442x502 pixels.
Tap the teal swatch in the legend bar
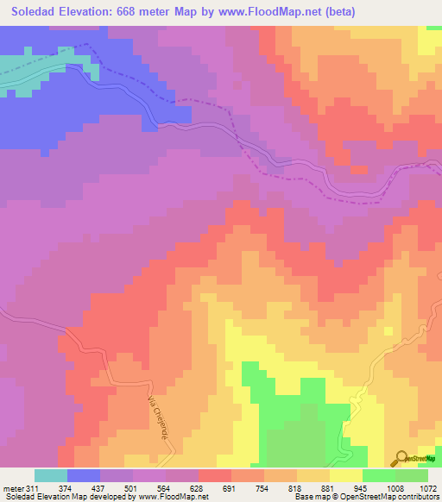tap(51, 475)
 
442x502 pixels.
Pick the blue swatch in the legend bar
tap(84, 475)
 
